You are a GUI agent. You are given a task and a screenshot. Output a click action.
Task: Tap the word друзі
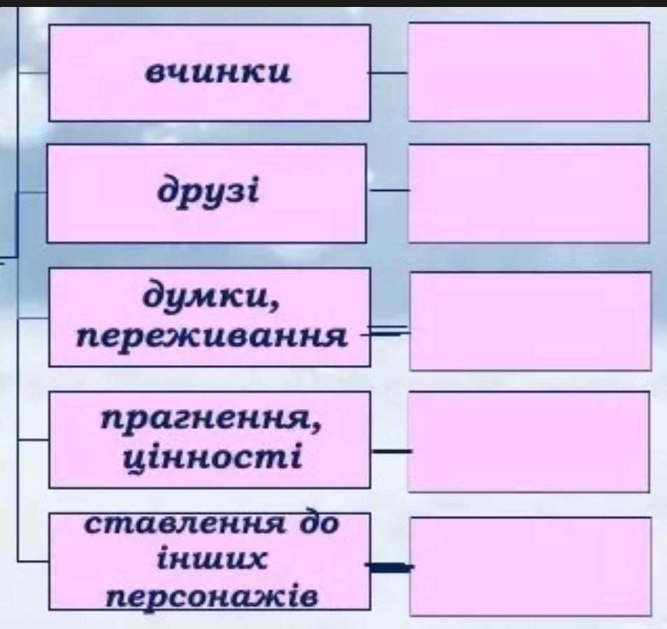(208, 191)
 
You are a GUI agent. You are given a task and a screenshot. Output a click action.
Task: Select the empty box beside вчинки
(529, 71)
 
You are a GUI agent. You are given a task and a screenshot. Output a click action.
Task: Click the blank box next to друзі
(529, 193)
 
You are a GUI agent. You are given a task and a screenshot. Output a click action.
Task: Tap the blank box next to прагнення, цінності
(529, 441)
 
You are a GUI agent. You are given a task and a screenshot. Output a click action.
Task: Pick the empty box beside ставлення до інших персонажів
(530, 565)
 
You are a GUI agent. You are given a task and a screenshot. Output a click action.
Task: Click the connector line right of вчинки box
(389, 72)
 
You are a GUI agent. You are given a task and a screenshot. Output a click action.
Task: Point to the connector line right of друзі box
(389, 189)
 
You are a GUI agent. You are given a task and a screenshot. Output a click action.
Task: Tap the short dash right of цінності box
(391, 451)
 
